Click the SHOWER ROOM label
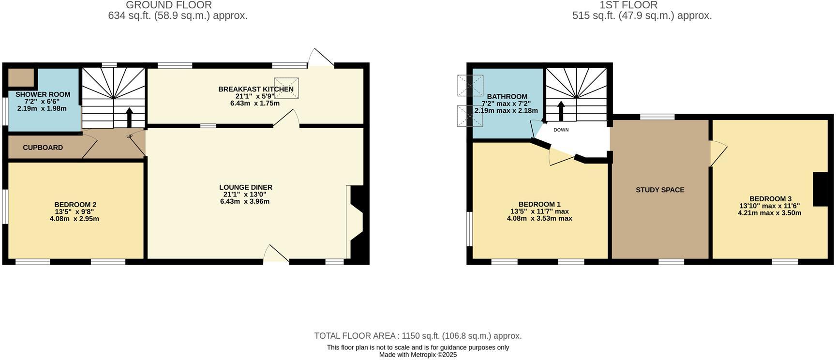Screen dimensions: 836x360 43,94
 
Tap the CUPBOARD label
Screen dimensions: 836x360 43,148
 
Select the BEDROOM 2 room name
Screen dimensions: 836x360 75,205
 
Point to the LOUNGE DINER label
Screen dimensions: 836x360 246,187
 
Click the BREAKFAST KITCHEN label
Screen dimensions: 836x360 256,89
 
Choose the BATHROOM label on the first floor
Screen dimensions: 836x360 507,96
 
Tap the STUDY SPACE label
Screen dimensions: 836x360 660,190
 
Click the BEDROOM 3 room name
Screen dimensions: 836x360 771,198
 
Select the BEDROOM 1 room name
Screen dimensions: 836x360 539,204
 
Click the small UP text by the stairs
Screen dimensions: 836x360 129,136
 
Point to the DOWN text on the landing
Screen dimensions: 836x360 561,130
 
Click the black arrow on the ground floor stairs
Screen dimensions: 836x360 129,117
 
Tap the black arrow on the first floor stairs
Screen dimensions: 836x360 561,111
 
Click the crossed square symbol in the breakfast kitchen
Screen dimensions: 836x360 286,88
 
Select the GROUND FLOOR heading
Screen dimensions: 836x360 169,5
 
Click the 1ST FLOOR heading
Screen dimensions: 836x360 628,5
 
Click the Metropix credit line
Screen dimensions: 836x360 418,355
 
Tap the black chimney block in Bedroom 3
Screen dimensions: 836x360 821,189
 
